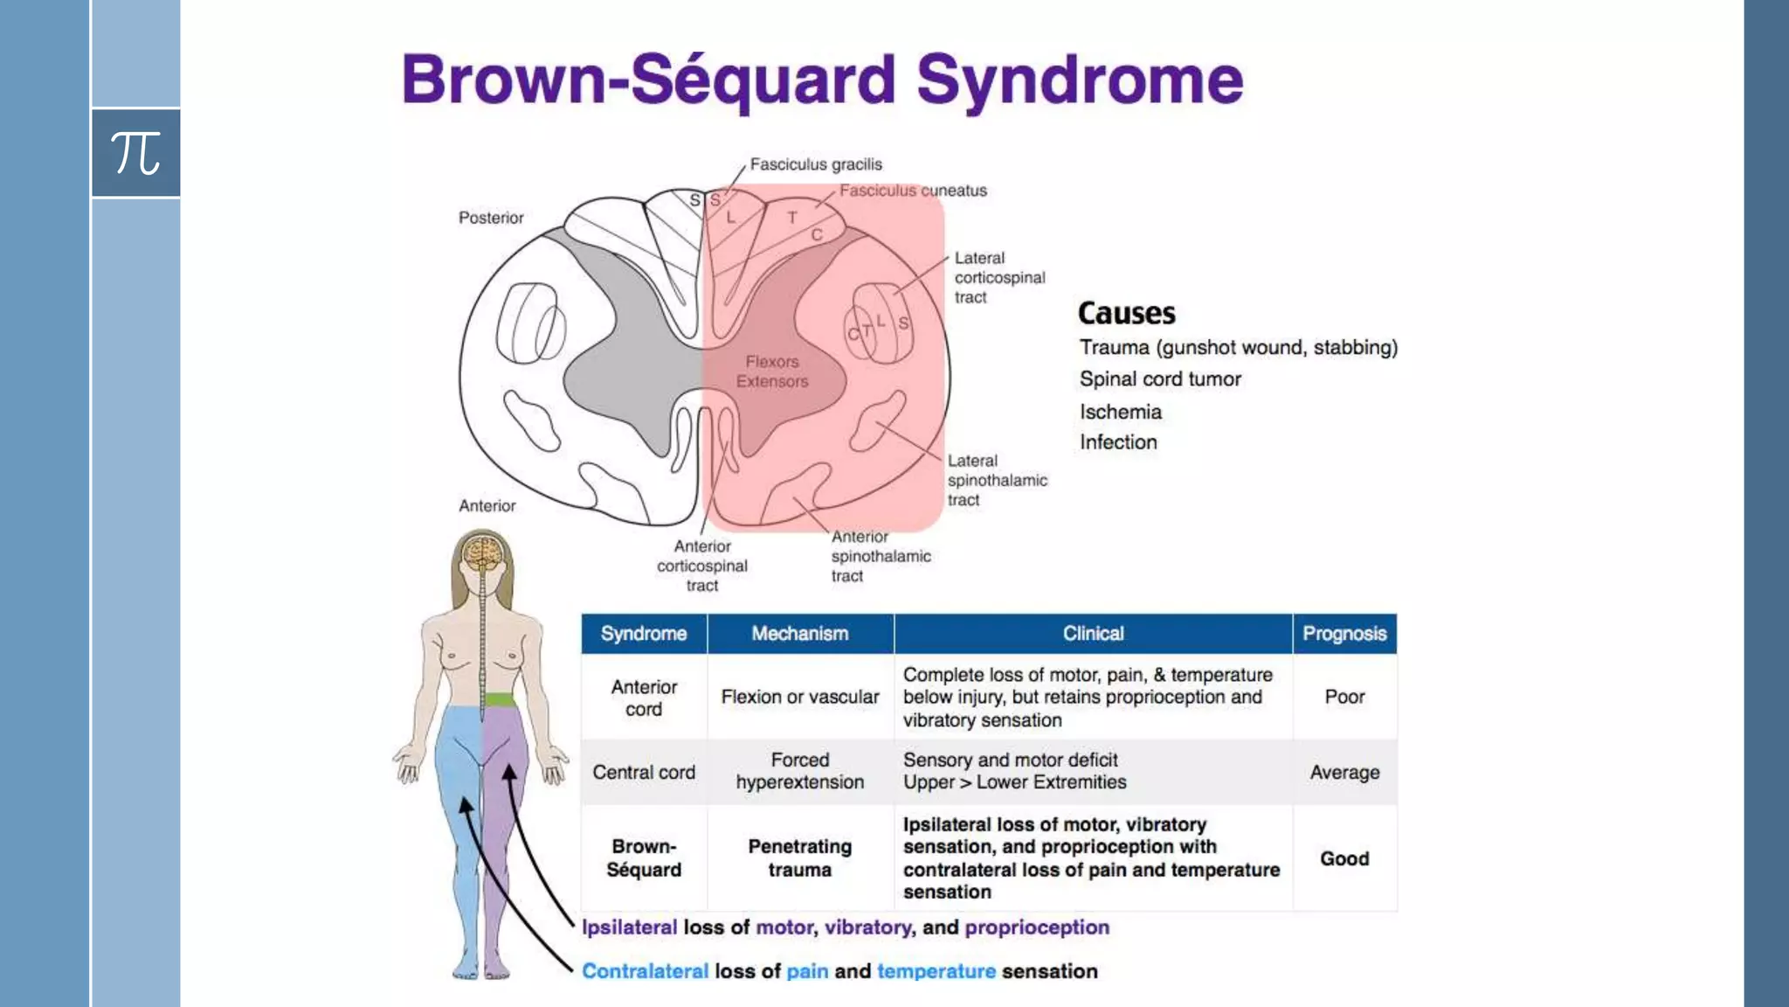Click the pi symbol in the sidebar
point(135,153)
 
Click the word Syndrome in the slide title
point(1079,80)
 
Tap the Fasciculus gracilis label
point(815,164)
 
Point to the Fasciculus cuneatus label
point(912,191)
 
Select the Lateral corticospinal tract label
point(998,277)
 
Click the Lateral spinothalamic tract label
point(996,480)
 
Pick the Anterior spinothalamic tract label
point(880,556)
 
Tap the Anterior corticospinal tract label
point(702,566)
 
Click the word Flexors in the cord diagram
point(772,362)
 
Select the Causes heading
point(1126,313)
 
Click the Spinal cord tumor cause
point(1159,379)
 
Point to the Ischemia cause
point(1120,412)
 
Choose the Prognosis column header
point(1343,634)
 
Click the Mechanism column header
point(799,634)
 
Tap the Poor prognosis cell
point(1343,697)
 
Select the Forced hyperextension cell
point(799,771)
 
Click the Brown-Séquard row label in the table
point(644,858)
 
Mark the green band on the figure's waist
point(499,699)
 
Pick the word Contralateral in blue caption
point(645,971)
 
